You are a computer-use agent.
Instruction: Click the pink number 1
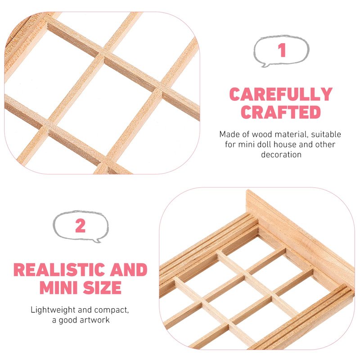[x=282, y=50]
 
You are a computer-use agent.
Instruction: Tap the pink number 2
[x=81, y=226]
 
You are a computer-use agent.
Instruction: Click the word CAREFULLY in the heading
[x=281, y=94]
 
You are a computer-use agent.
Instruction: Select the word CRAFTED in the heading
[x=281, y=112]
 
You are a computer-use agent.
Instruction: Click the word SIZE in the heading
[x=102, y=288]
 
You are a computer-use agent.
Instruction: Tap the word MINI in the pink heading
[x=58, y=288]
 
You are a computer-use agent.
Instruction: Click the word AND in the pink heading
[x=129, y=270]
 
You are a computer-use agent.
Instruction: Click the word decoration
[x=281, y=154]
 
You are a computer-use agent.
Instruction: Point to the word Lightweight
[x=53, y=310]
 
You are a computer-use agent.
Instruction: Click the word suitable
[x=326, y=134]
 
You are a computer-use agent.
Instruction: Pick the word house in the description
[x=285, y=144]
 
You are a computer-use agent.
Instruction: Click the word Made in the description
[x=229, y=134]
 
